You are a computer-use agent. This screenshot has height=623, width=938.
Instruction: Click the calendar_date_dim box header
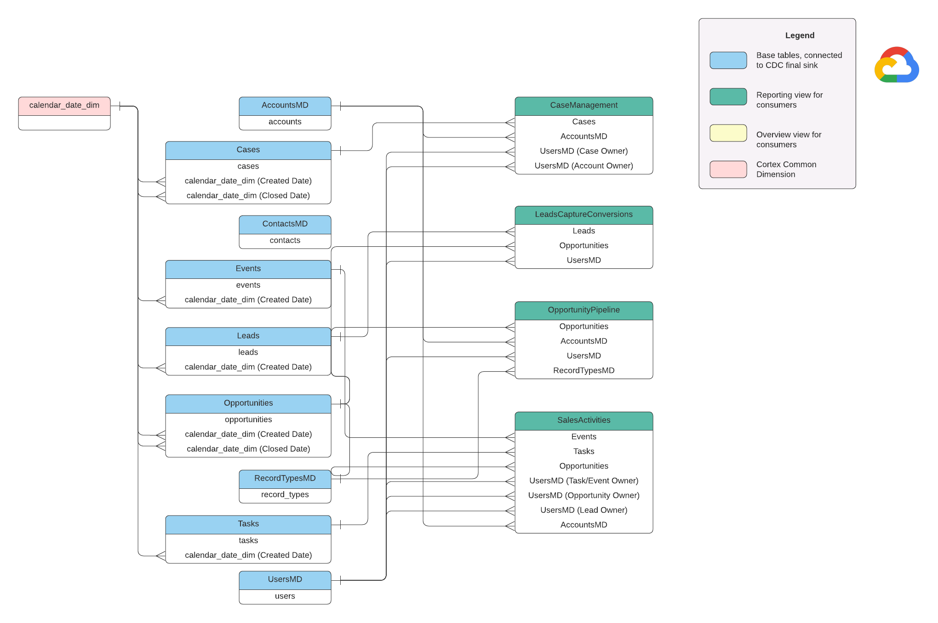click(x=64, y=105)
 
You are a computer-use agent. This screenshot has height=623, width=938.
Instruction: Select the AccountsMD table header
click(x=285, y=105)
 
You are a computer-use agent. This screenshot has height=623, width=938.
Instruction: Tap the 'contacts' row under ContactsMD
click(x=285, y=240)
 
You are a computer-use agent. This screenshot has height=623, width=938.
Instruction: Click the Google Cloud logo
click(x=896, y=65)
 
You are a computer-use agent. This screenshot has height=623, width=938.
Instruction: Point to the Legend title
click(x=799, y=35)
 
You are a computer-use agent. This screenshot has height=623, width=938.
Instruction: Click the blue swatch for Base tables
click(x=728, y=60)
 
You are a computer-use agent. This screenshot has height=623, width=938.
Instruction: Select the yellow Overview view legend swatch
click(x=728, y=133)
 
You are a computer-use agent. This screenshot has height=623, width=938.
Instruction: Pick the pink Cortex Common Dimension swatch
click(x=728, y=169)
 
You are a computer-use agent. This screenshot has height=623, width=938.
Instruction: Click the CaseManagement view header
click(x=583, y=105)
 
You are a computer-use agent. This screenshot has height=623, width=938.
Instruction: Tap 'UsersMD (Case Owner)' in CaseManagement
click(x=583, y=151)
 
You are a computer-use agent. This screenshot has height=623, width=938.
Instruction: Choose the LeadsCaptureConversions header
click(x=583, y=215)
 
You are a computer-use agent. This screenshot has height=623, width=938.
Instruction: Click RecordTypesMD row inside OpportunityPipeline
click(x=583, y=370)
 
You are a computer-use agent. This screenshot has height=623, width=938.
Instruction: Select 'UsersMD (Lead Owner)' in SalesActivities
click(x=583, y=510)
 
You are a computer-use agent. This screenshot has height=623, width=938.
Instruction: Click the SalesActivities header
click(x=583, y=420)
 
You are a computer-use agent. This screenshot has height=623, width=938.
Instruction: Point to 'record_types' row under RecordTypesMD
click(x=285, y=495)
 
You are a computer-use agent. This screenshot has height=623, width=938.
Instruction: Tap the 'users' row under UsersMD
click(x=285, y=596)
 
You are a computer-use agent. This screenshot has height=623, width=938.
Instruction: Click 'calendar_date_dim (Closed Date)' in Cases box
click(x=248, y=196)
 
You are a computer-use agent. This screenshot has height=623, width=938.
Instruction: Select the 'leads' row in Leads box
click(x=248, y=352)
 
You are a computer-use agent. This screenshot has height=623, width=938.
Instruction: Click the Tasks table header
click(x=248, y=524)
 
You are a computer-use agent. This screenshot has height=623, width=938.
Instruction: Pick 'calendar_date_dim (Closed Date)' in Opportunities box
click(x=248, y=449)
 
